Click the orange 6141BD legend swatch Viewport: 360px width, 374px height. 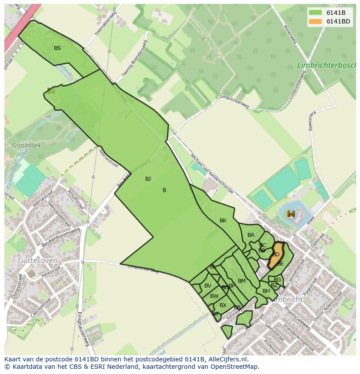[316, 21]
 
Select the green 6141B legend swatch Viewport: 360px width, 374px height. [316, 12]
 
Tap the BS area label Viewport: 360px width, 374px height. [57, 48]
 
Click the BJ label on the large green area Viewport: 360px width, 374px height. [148, 179]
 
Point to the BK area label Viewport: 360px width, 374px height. [223, 221]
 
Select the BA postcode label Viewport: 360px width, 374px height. [251, 235]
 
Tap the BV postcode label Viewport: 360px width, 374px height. [208, 286]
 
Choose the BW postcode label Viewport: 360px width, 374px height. [214, 296]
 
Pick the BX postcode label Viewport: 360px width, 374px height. [223, 305]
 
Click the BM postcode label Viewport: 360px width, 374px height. [242, 281]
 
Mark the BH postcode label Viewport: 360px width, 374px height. [266, 291]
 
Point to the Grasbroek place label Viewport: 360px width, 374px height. [26, 146]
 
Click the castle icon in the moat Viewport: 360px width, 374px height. [291, 214]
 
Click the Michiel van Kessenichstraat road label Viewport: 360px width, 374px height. [212, 173]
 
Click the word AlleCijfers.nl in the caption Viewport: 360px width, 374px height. [227, 359]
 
